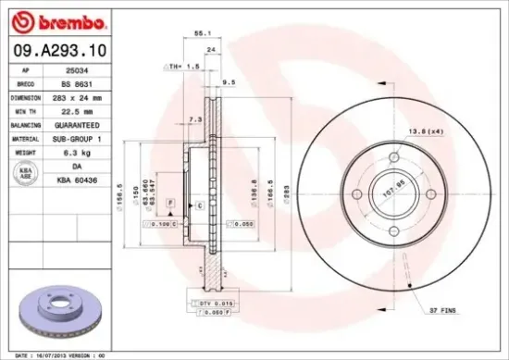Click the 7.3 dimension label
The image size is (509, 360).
coord(194,120)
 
